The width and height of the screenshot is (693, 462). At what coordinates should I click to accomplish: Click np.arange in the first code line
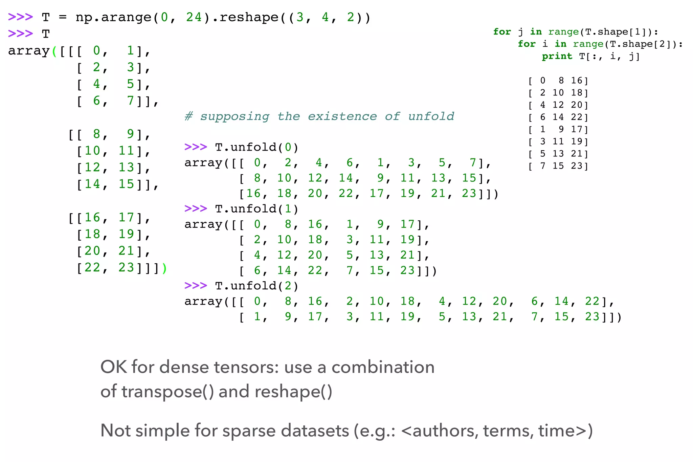pos(113,17)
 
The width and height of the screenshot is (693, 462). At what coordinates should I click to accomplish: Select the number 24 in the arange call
pos(194,17)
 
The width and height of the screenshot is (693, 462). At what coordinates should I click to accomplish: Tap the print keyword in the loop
pos(557,56)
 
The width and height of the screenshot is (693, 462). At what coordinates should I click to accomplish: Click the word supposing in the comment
pos(234,116)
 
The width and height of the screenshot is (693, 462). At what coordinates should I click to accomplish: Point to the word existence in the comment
pos(342,116)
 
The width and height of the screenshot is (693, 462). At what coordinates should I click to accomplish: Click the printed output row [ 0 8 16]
pos(558,81)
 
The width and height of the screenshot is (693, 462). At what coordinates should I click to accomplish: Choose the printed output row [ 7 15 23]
pos(558,166)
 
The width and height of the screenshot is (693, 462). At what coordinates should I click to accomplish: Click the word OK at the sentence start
pos(113,367)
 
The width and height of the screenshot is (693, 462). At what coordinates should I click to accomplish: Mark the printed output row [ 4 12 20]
pos(558,105)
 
